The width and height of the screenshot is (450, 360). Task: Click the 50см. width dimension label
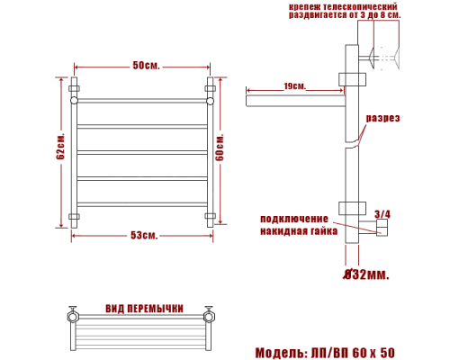click(147, 66)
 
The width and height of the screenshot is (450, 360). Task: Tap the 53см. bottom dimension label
click(144, 235)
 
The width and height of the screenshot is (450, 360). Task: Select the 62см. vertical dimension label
click(60, 146)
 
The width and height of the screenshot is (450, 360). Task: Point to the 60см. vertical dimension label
click(220, 148)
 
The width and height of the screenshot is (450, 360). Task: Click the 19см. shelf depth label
click(295, 86)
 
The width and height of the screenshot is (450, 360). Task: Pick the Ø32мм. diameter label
click(366, 274)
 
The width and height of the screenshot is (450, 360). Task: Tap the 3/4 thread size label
click(382, 214)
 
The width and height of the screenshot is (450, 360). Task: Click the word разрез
click(383, 118)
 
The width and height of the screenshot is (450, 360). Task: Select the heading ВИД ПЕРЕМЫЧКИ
click(144, 309)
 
